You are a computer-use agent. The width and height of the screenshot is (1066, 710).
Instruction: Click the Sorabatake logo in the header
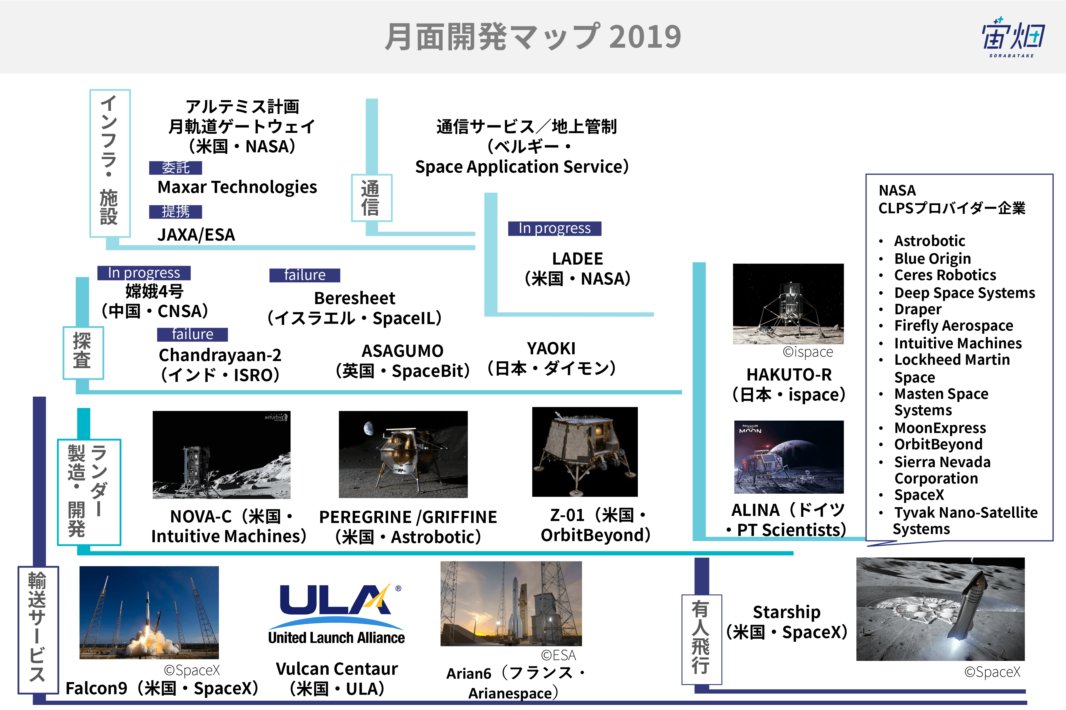[1013, 37]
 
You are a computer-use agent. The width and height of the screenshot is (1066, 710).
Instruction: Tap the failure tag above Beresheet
[305, 275]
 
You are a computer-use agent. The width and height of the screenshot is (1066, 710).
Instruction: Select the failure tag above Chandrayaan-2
[192, 334]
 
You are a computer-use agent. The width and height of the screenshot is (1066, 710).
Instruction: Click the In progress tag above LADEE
[555, 228]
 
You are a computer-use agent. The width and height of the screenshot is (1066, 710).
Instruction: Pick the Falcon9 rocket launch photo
[149, 612]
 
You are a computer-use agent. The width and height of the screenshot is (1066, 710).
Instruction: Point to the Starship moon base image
[940, 609]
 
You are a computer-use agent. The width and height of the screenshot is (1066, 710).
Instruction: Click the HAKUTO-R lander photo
[788, 304]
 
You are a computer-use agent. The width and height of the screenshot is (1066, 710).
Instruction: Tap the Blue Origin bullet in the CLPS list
[932, 259]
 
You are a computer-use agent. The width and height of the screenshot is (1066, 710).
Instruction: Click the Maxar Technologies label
[237, 187]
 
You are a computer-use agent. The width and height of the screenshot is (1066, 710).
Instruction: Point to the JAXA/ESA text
[196, 235]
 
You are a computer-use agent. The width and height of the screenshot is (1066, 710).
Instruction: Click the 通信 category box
[371, 198]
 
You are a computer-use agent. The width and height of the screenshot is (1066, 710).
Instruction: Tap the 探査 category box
[83, 353]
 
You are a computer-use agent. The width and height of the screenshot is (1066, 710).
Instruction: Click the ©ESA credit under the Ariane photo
[558, 655]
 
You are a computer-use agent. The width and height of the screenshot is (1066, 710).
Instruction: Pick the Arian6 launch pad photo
[511, 604]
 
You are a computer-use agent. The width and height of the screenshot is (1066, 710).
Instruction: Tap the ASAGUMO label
[402, 351]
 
